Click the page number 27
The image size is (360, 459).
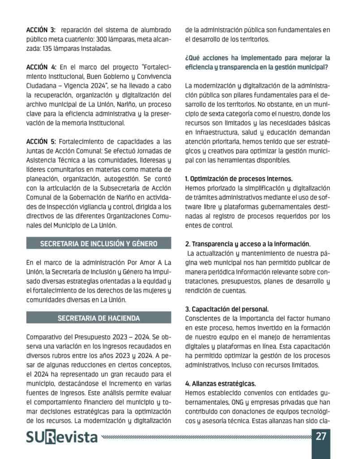click(321, 436)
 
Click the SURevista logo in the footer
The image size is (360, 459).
click(62, 437)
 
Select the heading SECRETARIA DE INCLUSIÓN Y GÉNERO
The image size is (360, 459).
click(99, 244)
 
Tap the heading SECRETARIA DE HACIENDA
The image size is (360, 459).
click(99, 318)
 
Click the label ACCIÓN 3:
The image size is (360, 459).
click(41, 30)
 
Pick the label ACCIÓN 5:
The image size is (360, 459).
click(41, 141)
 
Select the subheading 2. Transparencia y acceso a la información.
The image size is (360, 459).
click(248, 244)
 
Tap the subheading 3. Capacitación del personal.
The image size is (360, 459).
click(227, 309)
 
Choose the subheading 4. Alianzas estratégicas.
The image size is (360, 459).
click(220, 384)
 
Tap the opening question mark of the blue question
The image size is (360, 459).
click(187, 58)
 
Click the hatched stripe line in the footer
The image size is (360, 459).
click(206, 436)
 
